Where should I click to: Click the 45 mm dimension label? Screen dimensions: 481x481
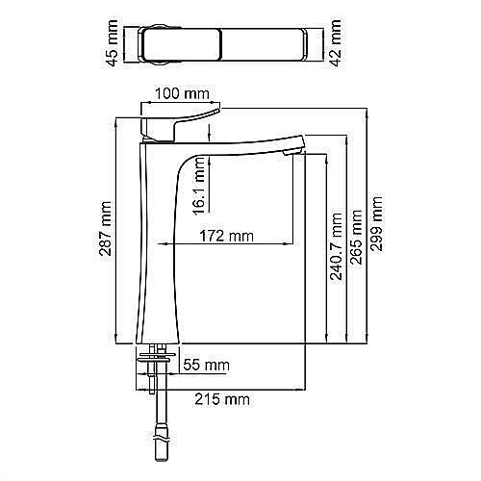pyautogui.click(x=113, y=43)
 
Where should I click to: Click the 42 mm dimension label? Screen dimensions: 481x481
pyautogui.click(x=336, y=43)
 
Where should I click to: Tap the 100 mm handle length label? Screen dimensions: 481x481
pyautogui.click(x=182, y=93)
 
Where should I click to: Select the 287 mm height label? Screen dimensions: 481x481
pyautogui.click(x=105, y=229)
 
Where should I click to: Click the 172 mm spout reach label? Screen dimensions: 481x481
pyautogui.click(x=226, y=237)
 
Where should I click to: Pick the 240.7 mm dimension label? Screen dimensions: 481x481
pyautogui.click(x=337, y=246)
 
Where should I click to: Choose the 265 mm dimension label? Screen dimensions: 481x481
pyautogui.click(x=356, y=237)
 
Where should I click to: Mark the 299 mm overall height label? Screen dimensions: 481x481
pyautogui.click(x=376, y=223)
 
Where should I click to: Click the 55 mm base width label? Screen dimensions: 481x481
pyautogui.click(x=207, y=365)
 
